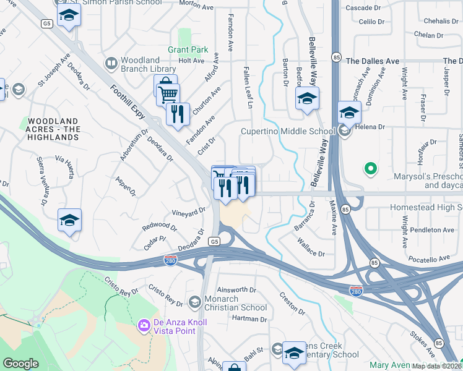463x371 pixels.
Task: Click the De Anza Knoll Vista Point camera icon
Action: pyautogui.click(x=144, y=325)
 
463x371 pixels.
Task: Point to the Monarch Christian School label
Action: pyautogui.click(x=236, y=303)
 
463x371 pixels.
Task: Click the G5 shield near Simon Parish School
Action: pyautogui.click(x=47, y=23)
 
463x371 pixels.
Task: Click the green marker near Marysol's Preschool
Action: pyautogui.click(x=370, y=168)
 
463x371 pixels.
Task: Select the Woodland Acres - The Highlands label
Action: pyautogui.click(x=53, y=129)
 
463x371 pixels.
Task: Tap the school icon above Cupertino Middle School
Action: pyautogui.click(x=307, y=98)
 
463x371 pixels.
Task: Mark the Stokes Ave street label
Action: pyautogui.click(x=422, y=342)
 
